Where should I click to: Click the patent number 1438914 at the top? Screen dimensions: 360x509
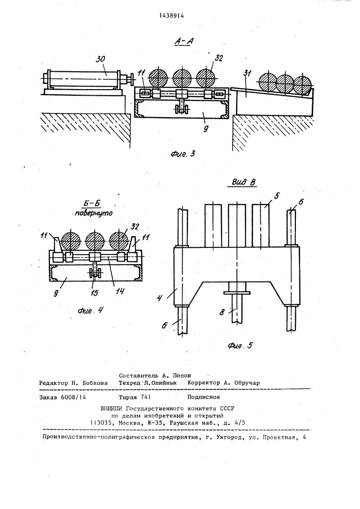172,15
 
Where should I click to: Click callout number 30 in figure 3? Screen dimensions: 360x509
101,59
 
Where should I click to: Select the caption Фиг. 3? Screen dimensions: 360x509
183,154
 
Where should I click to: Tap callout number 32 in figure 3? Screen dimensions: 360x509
219,58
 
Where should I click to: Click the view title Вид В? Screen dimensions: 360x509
244,182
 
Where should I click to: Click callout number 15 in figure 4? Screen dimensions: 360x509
94,293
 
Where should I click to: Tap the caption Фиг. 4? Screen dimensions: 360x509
91,310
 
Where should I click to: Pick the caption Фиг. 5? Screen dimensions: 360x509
240,346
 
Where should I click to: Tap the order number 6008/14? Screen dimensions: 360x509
73,397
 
